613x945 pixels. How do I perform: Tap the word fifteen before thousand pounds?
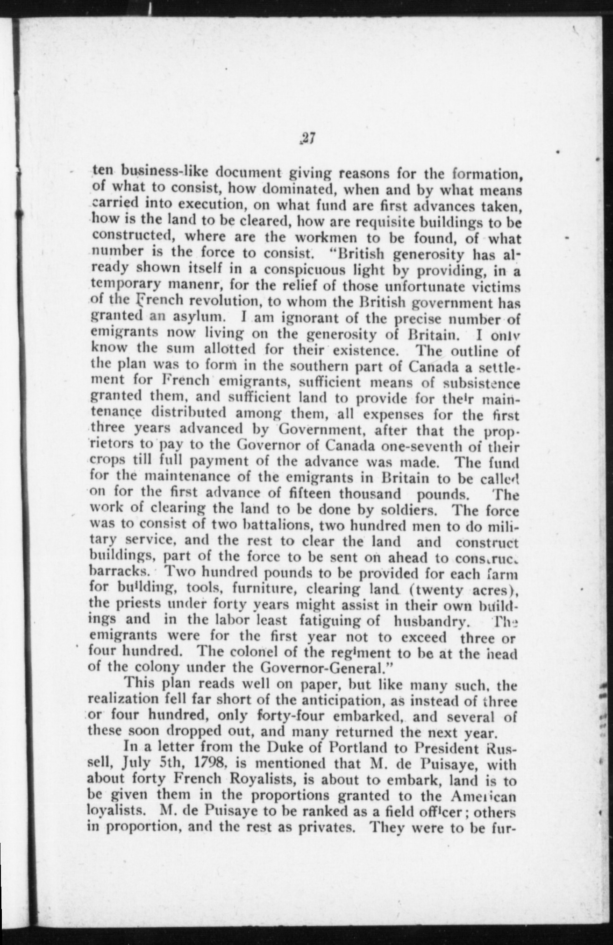point(306,493)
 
